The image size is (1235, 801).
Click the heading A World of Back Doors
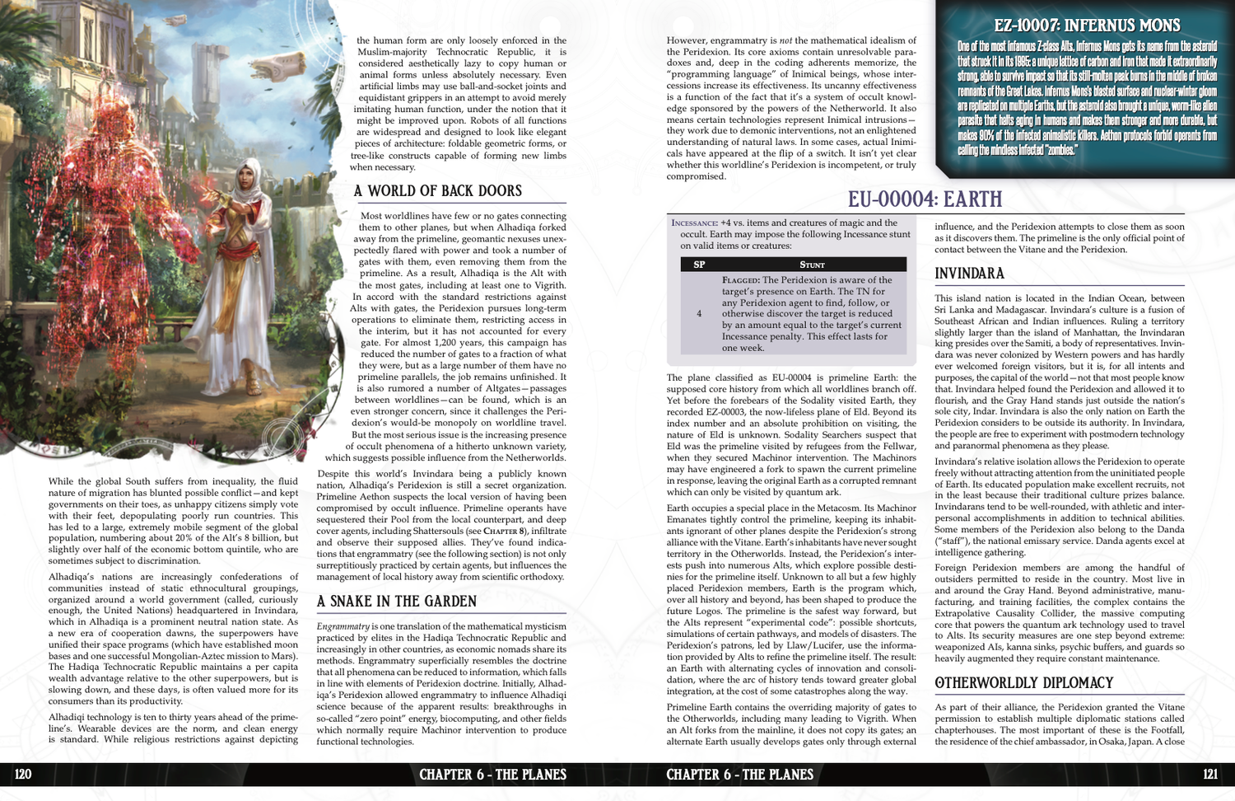[438, 191]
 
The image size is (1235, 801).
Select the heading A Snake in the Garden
[397, 602]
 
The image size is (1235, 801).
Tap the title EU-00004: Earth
[925, 199]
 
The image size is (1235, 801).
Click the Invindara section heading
[969, 274]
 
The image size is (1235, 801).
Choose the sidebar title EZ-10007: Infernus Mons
[1087, 26]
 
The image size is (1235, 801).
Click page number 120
[23, 774]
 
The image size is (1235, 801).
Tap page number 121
[1209, 774]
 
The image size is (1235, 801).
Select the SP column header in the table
[699, 265]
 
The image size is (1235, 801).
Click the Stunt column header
[812, 265]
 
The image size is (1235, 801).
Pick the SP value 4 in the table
[699, 314]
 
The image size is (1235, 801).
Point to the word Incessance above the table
[694, 223]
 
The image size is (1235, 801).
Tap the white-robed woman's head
[249, 174]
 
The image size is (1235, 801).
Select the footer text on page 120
[492, 775]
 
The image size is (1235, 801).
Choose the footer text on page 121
[739, 775]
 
